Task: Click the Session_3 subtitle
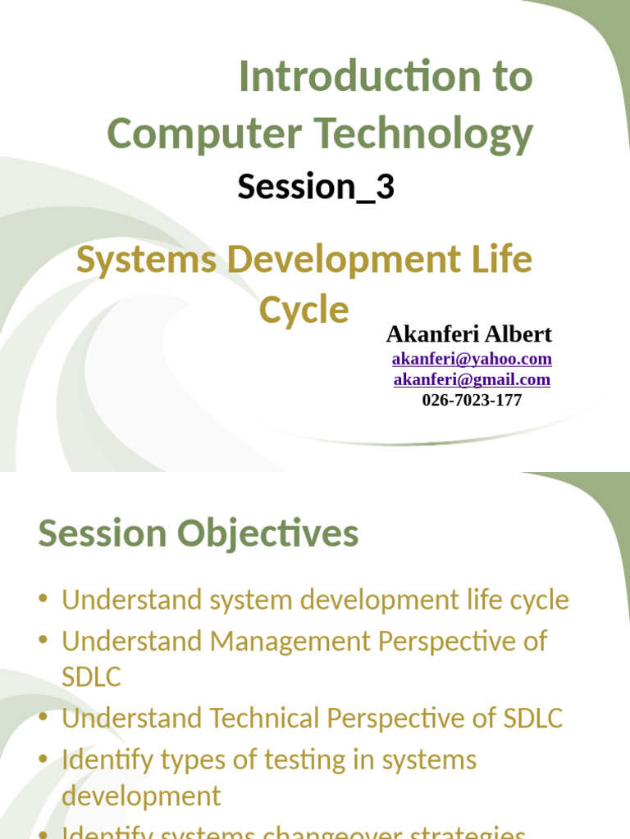pos(316,187)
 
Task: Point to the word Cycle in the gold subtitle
pos(304,311)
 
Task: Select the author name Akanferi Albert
pos(468,334)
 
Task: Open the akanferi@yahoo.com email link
pos(472,359)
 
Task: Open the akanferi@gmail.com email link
pos(472,379)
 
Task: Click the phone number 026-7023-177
pos(472,400)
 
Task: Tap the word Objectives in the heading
pos(267,534)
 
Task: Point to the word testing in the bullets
pos(304,760)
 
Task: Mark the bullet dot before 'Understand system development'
pos(43,601)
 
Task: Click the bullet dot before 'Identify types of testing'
pos(43,760)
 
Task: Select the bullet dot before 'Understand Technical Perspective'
pos(43,719)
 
